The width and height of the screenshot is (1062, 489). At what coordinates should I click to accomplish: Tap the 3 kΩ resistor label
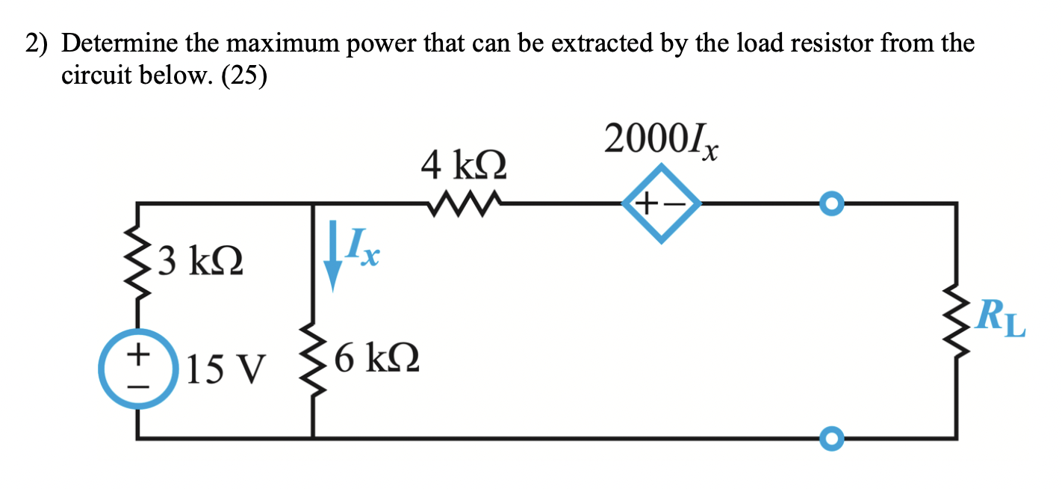click(x=201, y=261)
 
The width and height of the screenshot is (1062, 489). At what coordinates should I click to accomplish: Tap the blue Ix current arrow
click(x=333, y=256)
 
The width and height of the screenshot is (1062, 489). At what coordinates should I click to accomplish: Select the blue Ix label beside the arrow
click(x=363, y=247)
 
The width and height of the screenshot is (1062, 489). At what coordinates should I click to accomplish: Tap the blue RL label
click(x=1000, y=319)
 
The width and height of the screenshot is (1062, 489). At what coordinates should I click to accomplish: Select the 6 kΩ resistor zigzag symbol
click(x=313, y=360)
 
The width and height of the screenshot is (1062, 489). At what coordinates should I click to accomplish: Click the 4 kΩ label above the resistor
click(x=464, y=164)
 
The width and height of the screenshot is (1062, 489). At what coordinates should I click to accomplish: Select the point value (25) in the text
click(x=244, y=76)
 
